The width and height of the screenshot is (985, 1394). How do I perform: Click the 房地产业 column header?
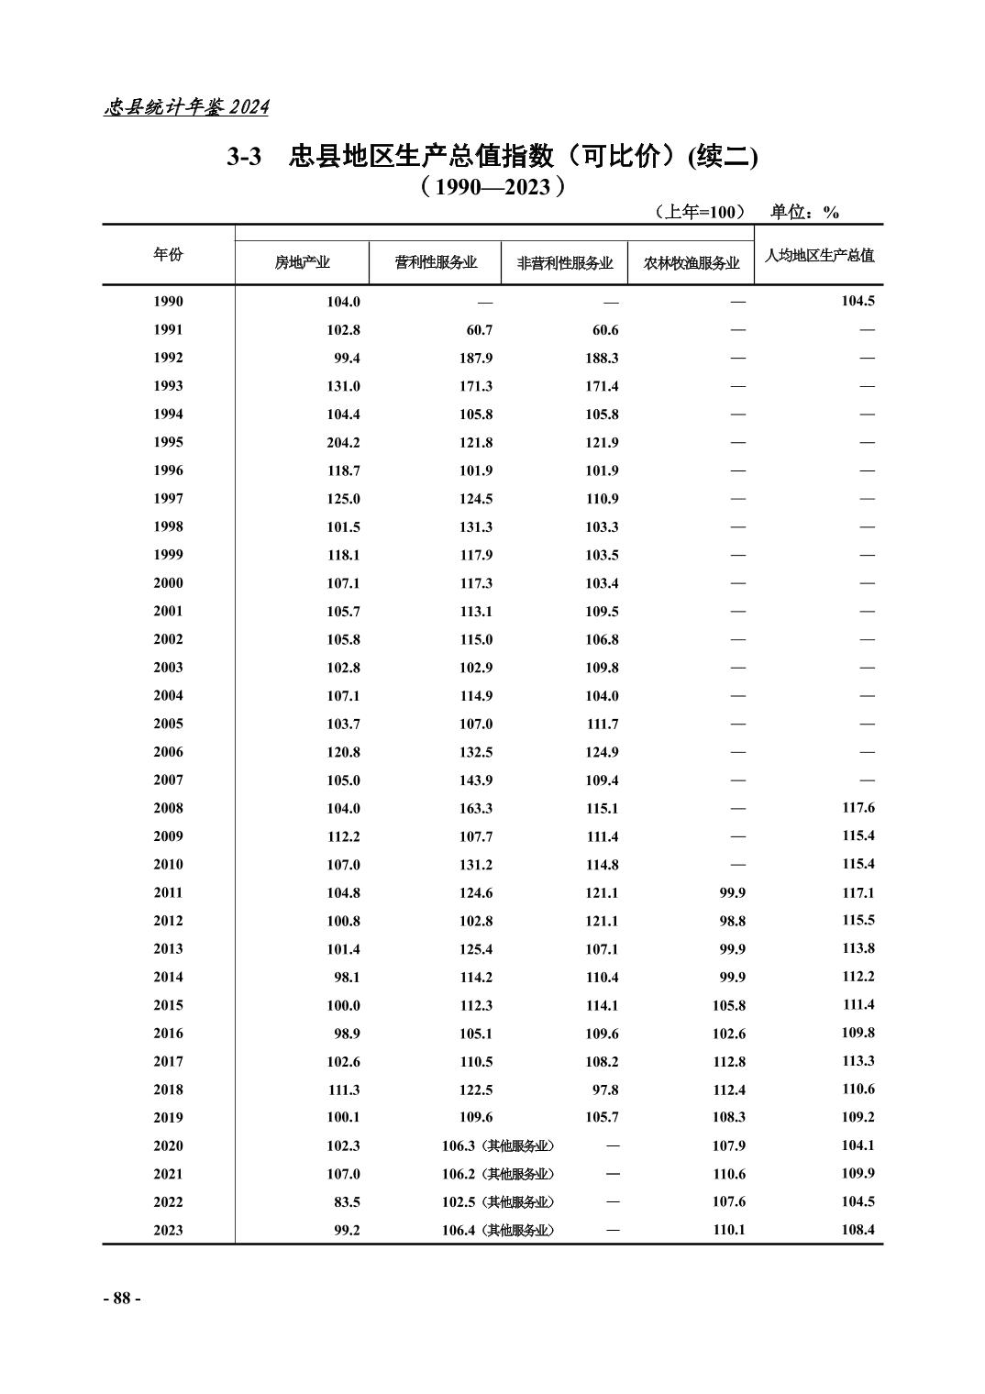303,263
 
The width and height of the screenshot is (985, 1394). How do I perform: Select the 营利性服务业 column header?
436,263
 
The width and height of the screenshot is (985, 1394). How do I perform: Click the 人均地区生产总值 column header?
819,255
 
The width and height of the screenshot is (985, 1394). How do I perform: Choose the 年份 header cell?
168,254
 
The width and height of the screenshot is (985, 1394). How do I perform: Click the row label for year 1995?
168,442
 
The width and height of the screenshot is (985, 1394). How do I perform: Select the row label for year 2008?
168,808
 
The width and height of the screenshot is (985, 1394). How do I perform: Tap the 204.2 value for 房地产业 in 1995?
343,443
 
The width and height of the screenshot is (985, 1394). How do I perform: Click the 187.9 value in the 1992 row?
476,359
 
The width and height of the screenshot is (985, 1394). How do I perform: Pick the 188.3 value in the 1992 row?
602,359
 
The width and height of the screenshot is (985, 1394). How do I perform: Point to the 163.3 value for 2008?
476,809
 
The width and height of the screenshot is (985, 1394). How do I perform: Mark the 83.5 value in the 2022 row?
348,1202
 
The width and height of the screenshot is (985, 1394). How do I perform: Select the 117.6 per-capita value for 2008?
858,808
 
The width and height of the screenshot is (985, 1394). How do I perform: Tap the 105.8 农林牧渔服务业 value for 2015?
728,1005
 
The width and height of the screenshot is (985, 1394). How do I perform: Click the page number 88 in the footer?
121,1299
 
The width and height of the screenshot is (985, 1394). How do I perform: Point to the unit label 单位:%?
804,213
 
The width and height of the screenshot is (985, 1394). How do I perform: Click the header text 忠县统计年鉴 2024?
186,107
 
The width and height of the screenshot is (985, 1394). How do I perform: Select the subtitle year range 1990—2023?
492,188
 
